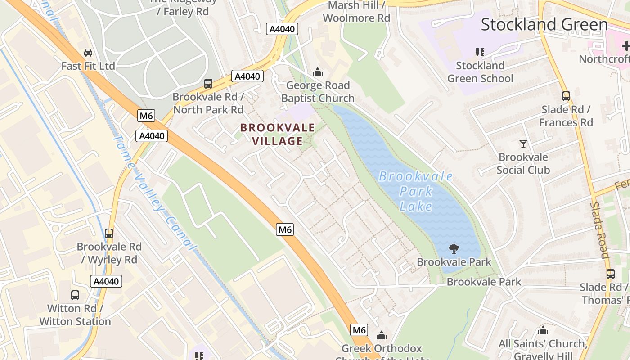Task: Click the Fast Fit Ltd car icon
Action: [88, 53]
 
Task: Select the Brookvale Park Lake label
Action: [416, 191]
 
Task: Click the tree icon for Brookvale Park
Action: [454, 249]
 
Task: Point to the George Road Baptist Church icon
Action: [318, 72]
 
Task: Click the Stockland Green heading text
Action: [544, 24]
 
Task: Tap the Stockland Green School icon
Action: [480, 52]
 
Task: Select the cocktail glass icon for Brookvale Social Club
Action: [523, 144]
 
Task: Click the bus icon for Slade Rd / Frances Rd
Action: [566, 96]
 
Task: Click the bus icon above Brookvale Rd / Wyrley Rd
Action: [109, 234]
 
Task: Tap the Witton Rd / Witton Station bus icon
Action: [75, 295]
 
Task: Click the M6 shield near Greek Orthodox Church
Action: [359, 330]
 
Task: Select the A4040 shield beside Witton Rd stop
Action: [107, 282]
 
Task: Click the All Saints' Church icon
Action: [543, 331]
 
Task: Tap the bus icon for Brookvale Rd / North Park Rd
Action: [208, 84]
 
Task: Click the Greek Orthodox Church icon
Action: [382, 335]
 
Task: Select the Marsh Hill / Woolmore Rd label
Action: [356, 12]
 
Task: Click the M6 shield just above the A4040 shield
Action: [146, 116]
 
